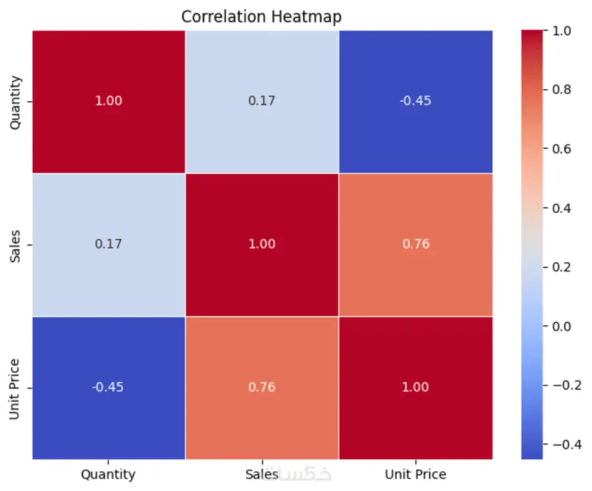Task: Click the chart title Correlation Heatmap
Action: [261, 17]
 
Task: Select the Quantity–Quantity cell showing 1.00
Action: [108, 101]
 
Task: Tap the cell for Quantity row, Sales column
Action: [262, 101]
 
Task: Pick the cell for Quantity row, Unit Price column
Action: [415, 101]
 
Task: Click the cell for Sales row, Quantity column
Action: [108, 244]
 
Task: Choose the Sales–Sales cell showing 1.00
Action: [262, 244]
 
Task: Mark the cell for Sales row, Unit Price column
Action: [415, 244]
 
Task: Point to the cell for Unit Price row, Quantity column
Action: [108, 387]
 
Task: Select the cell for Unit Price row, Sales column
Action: [262, 387]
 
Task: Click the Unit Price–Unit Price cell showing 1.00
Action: [415, 387]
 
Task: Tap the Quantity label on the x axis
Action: [108, 474]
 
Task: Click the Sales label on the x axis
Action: [262, 474]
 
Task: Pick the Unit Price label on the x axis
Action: [415, 474]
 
